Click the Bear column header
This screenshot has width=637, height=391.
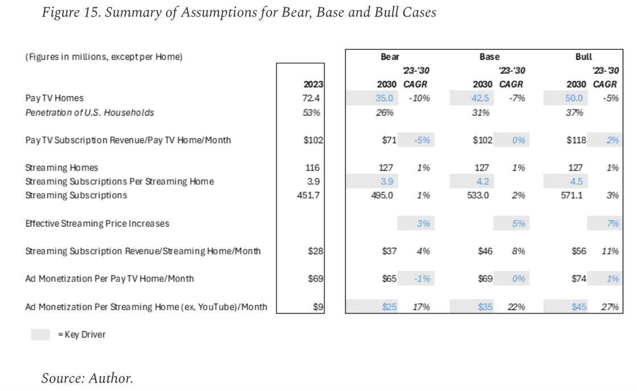(390, 57)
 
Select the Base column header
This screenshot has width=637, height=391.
(489, 57)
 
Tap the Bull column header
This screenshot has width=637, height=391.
(584, 57)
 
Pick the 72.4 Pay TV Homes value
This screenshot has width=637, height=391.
(312, 98)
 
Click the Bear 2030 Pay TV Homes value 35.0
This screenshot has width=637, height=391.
(384, 98)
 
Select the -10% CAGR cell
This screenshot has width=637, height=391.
(419, 98)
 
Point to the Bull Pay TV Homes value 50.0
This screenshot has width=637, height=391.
(574, 98)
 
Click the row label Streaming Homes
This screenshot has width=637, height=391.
(61, 168)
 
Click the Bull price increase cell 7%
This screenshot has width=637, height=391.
(613, 224)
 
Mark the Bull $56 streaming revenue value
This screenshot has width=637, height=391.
(578, 251)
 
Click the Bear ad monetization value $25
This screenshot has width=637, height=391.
(389, 307)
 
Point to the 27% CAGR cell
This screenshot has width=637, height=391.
(610, 307)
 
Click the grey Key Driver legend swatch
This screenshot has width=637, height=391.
(40, 335)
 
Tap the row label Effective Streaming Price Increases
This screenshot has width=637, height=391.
(97, 224)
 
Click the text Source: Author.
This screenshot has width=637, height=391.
(87, 378)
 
